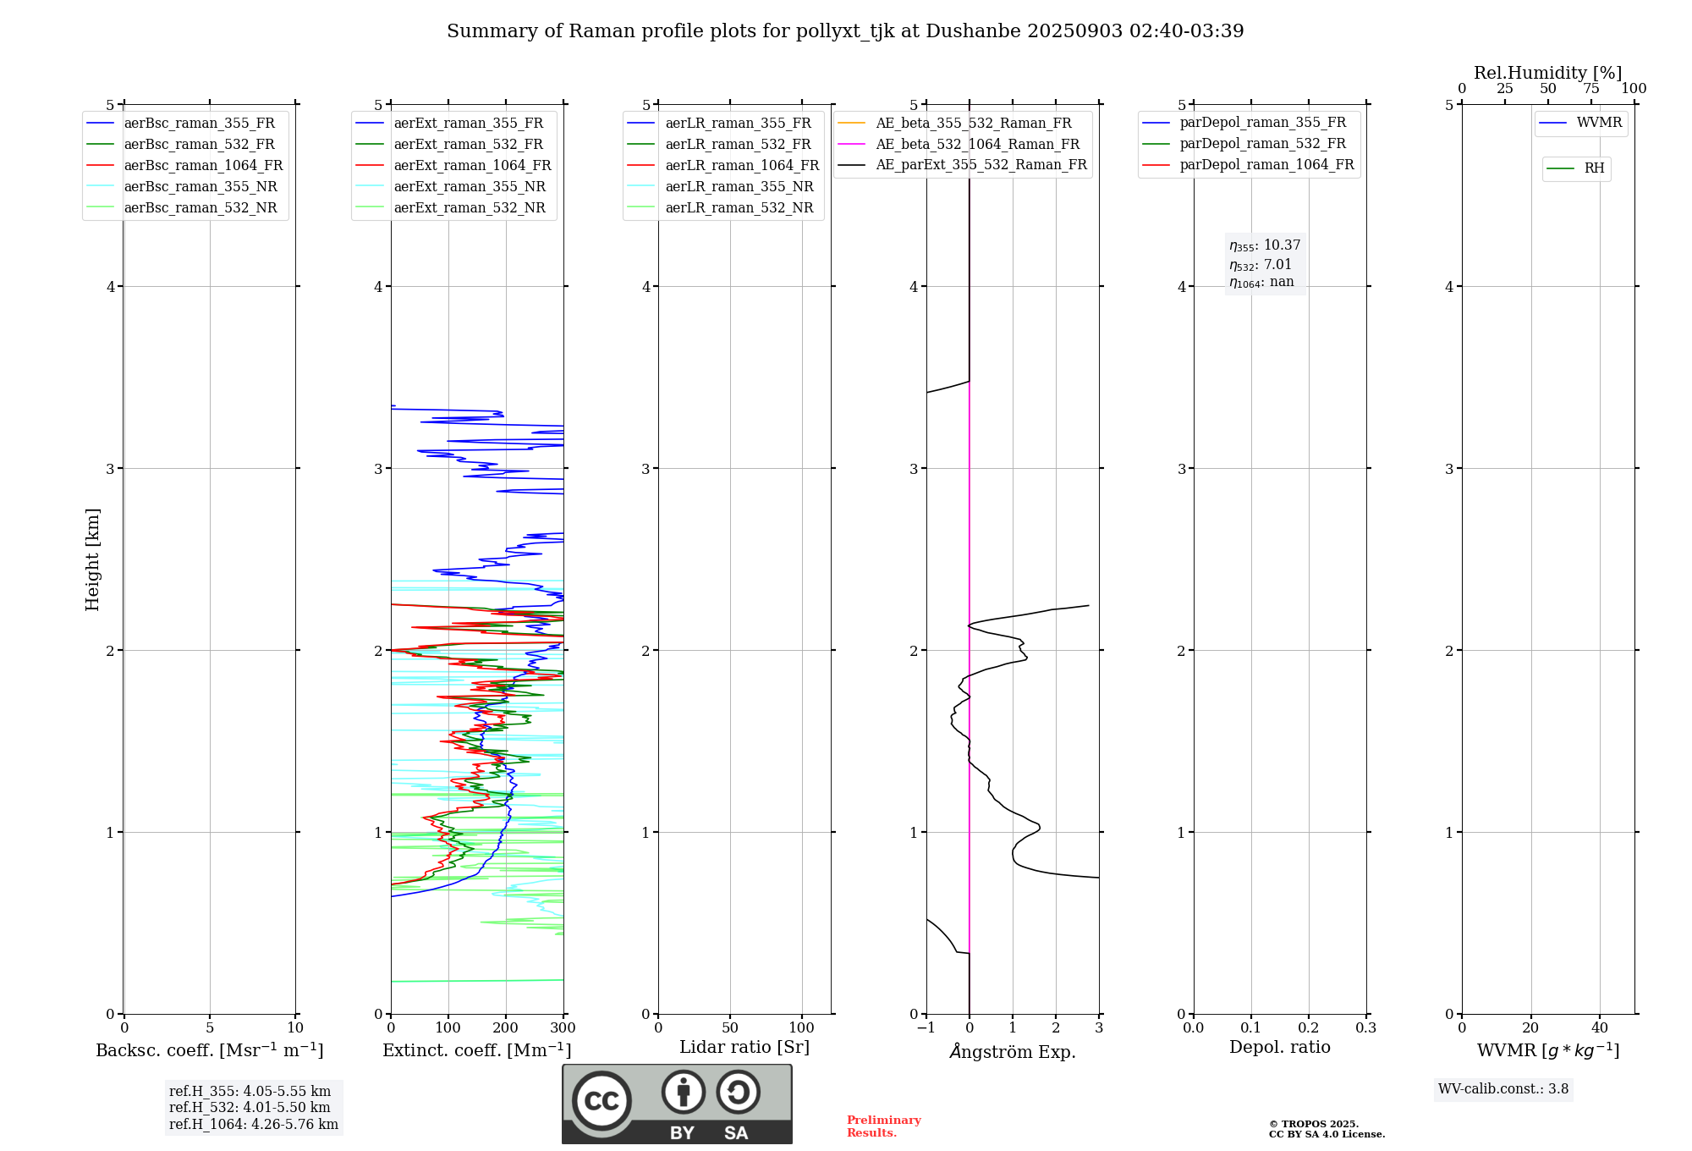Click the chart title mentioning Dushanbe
point(845,31)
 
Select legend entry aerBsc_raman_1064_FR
point(203,166)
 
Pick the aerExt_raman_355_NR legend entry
point(470,187)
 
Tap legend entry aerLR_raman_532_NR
point(739,208)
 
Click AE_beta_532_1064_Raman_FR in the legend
point(977,145)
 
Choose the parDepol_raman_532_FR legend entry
point(1262,144)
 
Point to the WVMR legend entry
point(1599,123)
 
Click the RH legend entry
point(1594,168)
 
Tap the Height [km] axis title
point(92,559)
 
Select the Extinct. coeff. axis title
point(477,1050)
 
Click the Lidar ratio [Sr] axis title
point(744,1047)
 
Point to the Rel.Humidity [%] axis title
point(1548,73)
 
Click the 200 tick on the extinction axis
point(506,1028)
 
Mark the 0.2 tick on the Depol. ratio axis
point(1309,1028)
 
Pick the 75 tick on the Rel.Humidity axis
point(1591,89)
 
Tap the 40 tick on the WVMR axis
point(1600,1028)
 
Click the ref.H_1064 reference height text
point(254,1125)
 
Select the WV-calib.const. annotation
point(1503,1089)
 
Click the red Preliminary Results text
point(883,1126)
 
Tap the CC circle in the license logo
point(602,1101)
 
